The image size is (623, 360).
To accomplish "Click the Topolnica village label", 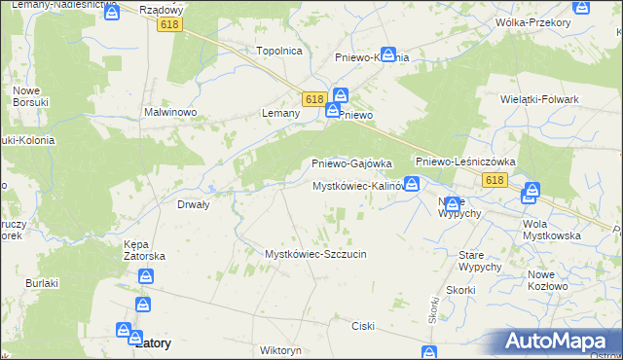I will tap(279, 51).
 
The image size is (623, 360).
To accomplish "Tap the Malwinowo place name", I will tap(171, 113).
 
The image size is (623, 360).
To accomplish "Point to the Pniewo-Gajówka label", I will tap(350, 163).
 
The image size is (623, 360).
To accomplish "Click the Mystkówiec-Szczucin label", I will tap(315, 254).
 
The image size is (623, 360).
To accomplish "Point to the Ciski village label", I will tap(364, 326).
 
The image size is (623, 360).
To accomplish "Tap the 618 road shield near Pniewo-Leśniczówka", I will tap(495, 180).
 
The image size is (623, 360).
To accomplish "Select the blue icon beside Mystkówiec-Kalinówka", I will tap(413, 183).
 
